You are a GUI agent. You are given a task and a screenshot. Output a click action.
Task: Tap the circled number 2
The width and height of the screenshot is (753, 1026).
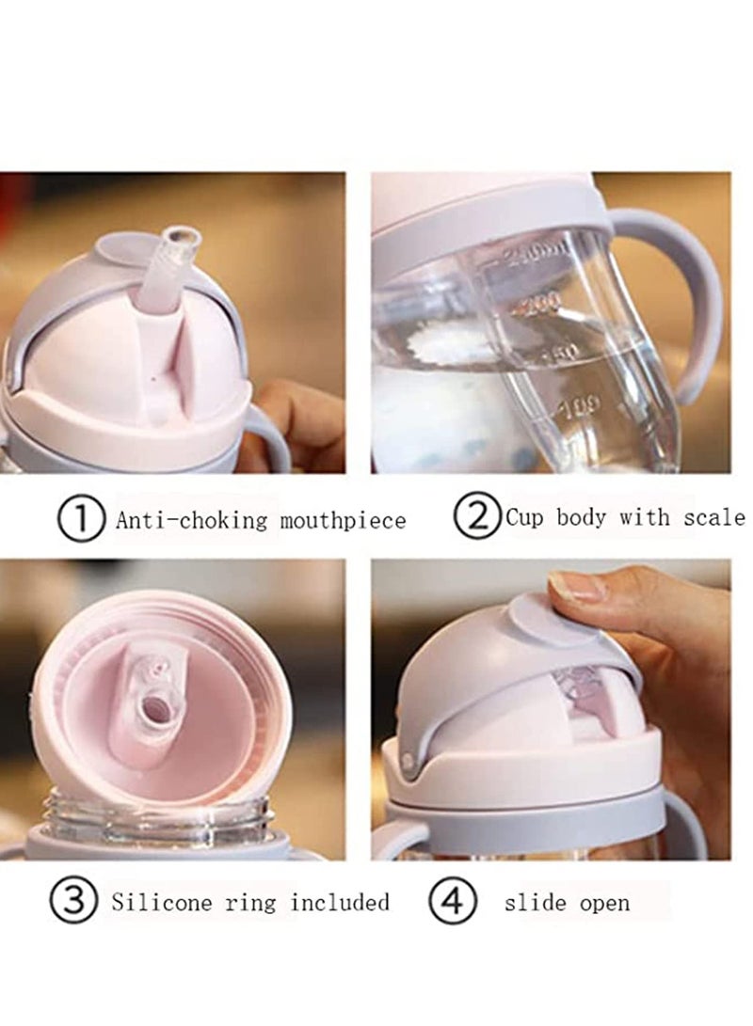pyautogui.click(x=477, y=516)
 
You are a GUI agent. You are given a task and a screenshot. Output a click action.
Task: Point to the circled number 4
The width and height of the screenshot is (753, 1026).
pyautogui.click(x=451, y=903)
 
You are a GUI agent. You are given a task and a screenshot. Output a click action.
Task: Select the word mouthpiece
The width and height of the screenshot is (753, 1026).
pyautogui.click(x=343, y=519)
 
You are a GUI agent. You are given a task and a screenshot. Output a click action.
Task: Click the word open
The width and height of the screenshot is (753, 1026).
pyautogui.click(x=604, y=903)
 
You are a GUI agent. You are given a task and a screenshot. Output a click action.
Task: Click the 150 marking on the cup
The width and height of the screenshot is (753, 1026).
pyautogui.click(x=561, y=353)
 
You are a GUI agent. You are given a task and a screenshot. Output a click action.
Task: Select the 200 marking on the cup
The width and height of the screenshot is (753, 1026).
pyautogui.click(x=542, y=301)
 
